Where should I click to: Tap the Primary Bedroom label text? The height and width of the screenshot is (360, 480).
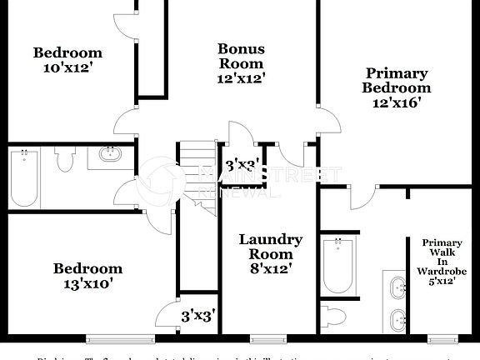[x=397, y=80]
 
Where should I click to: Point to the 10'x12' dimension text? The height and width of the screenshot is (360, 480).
[x=67, y=68]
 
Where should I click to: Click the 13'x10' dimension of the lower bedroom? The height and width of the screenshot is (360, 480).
[x=87, y=283]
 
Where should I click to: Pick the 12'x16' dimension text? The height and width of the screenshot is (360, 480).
[x=397, y=102]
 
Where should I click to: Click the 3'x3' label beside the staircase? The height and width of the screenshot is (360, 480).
[x=242, y=164]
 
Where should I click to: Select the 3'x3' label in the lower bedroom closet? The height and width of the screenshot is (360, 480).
[x=198, y=315]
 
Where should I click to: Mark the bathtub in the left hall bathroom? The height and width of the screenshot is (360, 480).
[x=24, y=178]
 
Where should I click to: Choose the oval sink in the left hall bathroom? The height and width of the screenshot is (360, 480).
[x=110, y=154]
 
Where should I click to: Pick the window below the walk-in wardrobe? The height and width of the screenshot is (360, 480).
[x=442, y=338]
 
